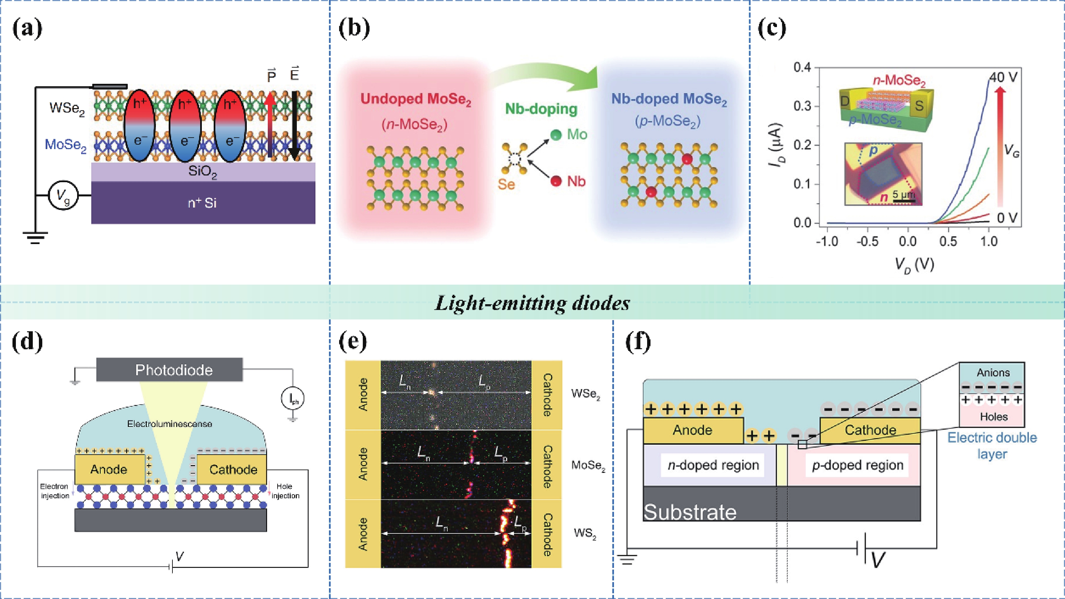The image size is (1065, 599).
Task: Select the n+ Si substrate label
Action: click(202, 203)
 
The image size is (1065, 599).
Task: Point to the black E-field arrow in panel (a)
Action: click(294, 124)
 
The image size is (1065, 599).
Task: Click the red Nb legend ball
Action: click(557, 181)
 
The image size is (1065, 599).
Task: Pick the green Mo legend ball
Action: click(557, 135)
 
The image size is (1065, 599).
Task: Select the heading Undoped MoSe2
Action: click(416, 99)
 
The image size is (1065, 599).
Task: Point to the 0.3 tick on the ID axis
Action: click(802, 106)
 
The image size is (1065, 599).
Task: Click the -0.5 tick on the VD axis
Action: click(867, 241)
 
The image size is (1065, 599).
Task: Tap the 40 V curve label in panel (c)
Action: click(1003, 77)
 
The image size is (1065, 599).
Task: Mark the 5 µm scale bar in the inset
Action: click(904, 201)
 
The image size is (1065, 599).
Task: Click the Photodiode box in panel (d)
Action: click(169, 369)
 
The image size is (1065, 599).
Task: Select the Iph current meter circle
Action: click(293, 399)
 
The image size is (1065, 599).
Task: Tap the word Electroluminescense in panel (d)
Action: click(169, 424)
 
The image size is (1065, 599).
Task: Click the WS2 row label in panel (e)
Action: click(585, 533)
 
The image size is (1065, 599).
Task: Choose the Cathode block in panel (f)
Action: click(870, 430)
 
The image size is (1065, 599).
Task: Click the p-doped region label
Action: click(857, 465)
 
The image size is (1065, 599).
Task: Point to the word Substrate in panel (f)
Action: click(690, 512)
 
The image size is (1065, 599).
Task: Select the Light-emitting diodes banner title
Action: click(532, 303)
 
